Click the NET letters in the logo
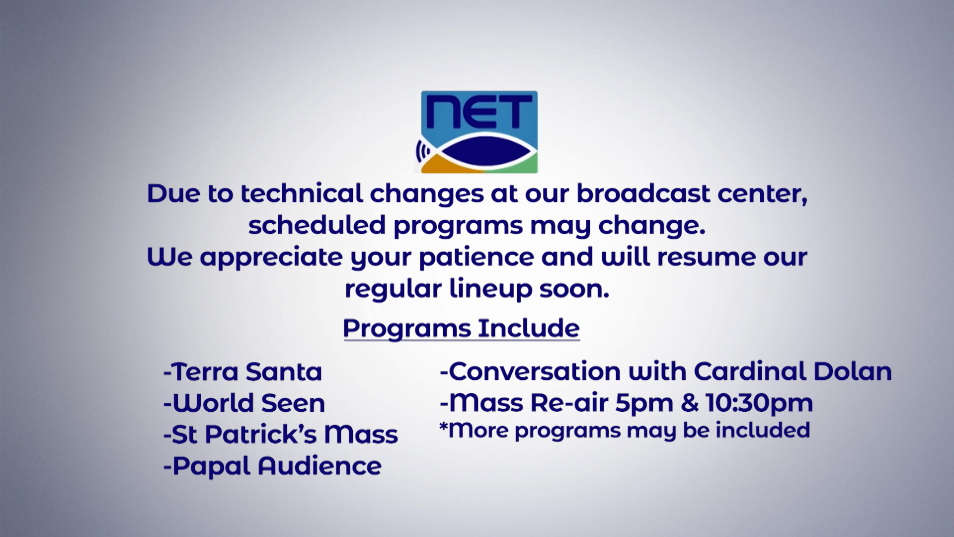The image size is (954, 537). coord(479,112)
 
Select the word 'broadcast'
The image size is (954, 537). coord(643,193)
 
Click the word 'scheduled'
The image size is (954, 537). coord(317,225)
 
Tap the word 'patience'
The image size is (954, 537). coord(477,257)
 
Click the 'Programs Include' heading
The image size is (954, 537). coord(461,328)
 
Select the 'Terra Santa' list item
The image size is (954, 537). coord(242,371)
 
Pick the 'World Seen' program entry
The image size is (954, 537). coord(244,403)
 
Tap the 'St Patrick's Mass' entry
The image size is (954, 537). coord(281,435)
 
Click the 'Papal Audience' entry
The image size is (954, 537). coord(272,466)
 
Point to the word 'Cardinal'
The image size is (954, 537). coord(750,371)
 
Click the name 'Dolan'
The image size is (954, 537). coord(853,371)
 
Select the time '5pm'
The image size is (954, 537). coord(644,403)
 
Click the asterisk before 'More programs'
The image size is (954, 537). coord(443,425)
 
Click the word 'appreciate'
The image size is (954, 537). coord(271,257)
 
